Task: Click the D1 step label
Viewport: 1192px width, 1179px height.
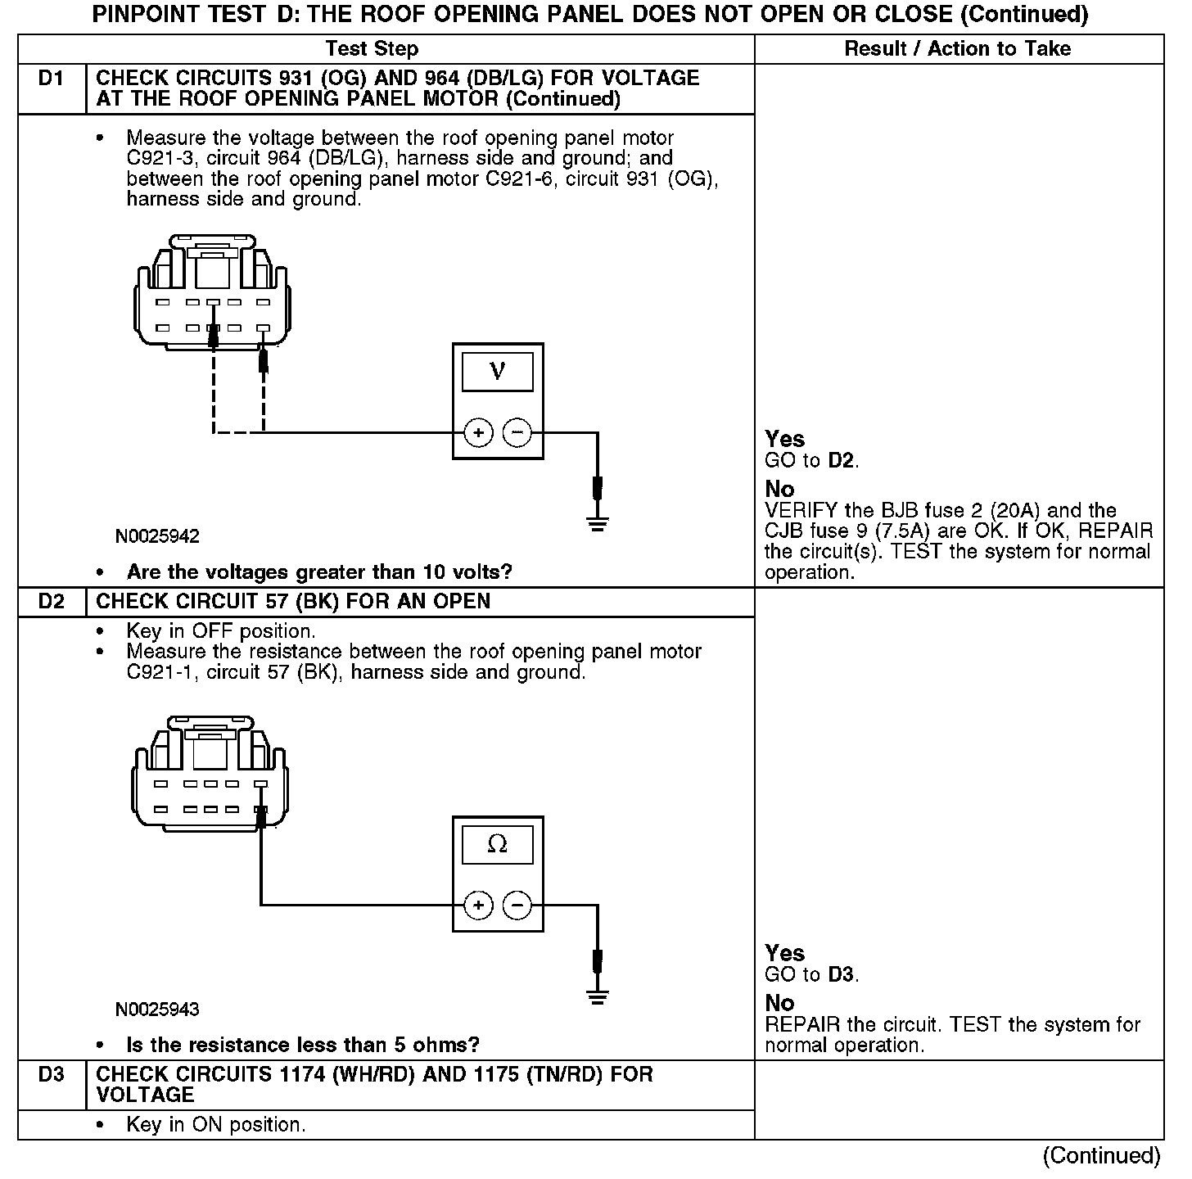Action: [x=51, y=79]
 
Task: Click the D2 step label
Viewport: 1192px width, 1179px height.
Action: [x=51, y=602]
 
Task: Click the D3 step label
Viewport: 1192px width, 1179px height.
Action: [x=51, y=1074]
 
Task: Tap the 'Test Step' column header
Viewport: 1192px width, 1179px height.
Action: [x=372, y=49]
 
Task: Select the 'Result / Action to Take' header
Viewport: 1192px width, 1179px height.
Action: [x=957, y=49]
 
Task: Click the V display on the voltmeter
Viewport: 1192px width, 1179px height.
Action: [x=497, y=372]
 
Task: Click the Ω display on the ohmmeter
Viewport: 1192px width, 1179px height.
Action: [x=497, y=844]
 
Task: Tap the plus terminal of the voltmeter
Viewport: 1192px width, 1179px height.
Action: [x=478, y=432]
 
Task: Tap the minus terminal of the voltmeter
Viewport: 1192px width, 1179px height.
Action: [x=517, y=432]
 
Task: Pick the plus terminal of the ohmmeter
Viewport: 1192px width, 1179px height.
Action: [x=478, y=906]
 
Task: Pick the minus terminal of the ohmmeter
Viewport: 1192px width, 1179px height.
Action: [x=517, y=906]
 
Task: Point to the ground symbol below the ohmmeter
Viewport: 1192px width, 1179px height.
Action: [x=598, y=996]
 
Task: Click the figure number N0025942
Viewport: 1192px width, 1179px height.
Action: [x=157, y=536]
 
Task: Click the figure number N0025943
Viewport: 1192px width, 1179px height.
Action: [x=157, y=1009]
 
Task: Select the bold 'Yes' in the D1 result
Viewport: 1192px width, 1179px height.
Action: [x=784, y=439]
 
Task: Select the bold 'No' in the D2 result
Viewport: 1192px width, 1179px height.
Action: [x=779, y=1003]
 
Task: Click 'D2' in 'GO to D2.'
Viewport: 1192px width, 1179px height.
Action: [x=841, y=460]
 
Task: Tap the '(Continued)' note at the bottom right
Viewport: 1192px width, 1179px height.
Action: [x=1101, y=1155]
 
